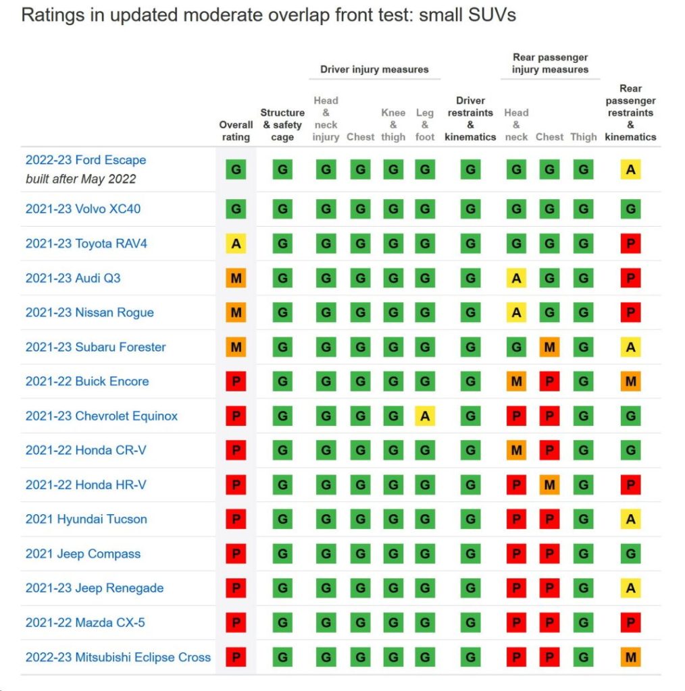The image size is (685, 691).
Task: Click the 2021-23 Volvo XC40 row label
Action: [83, 209]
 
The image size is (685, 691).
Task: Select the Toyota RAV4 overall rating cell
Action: [236, 244]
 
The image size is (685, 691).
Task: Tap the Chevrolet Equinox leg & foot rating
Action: [424, 416]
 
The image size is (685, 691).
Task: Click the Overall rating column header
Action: [236, 131]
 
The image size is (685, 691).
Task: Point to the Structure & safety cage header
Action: [282, 125]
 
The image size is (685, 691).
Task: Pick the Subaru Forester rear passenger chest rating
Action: [549, 347]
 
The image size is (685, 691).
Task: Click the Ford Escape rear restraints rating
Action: [630, 170]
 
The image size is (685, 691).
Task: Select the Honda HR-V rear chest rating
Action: [549, 485]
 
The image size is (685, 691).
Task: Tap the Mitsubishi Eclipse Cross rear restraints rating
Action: [630, 657]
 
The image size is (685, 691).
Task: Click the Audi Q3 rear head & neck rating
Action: [516, 278]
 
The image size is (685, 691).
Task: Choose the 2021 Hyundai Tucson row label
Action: [86, 520]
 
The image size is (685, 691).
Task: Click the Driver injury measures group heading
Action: [374, 69]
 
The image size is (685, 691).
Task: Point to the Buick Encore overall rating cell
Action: [236, 381]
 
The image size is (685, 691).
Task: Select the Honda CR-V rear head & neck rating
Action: [516, 450]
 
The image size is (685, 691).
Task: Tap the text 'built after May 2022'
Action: [81, 179]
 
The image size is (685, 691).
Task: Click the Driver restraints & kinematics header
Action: [470, 119]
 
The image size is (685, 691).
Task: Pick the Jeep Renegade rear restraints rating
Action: [630, 588]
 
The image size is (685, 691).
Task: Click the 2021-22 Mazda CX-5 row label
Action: [85, 623]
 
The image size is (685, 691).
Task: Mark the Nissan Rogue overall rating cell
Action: [236, 312]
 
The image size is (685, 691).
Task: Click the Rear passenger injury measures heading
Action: [550, 63]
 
